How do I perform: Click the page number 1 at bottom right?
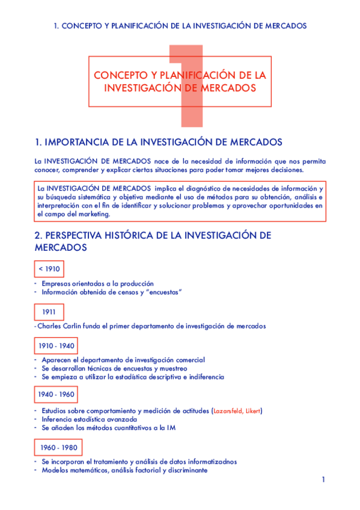pyautogui.click(x=323, y=479)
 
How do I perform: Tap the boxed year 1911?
pyautogui.click(x=49, y=312)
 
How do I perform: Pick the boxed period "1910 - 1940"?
pyautogui.click(x=56, y=346)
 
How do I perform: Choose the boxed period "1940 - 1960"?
pyautogui.click(x=56, y=394)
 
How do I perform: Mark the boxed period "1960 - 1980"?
pyautogui.click(x=58, y=448)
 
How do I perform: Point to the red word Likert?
pyautogui.click(x=255, y=411)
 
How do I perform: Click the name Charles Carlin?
pyautogui.click(x=59, y=326)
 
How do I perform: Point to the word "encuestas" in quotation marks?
pyautogui.click(x=163, y=292)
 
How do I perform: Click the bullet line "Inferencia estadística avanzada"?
pyautogui.click(x=89, y=419)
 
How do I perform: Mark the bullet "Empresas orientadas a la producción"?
pyautogui.click(x=97, y=283)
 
